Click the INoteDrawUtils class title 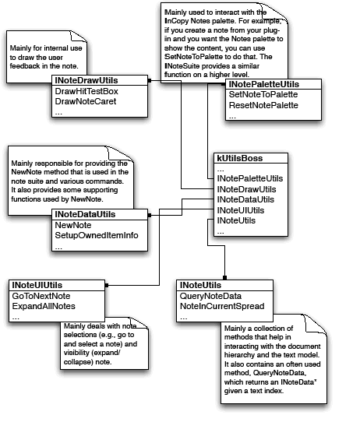90,80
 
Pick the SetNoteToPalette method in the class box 263,94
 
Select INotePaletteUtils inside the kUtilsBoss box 249,178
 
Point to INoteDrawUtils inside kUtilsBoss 245,189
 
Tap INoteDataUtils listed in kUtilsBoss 245,200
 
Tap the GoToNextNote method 41,297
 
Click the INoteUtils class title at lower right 199,286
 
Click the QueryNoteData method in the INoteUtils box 210,297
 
